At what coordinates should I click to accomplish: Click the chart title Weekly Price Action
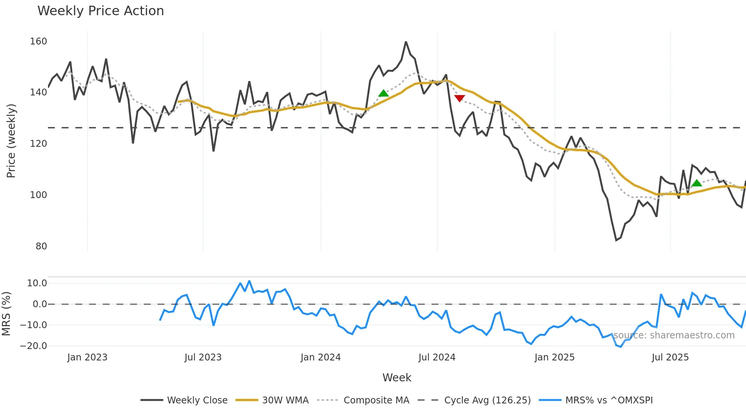pyautogui.click(x=100, y=11)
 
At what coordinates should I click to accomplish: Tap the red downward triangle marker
pyautogui.click(x=459, y=98)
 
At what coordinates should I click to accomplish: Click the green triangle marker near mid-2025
pyautogui.click(x=697, y=183)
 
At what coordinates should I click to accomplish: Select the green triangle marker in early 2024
pyautogui.click(x=383, y=93)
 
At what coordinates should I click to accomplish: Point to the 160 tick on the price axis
pyautogui.click(x=38, y=41)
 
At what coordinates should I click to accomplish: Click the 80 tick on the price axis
pyautogui.click(x=41, y=246)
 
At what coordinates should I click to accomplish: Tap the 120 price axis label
pyautogui.click(x=38, y=144)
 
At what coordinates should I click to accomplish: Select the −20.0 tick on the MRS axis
pyautogui.click(x=33, y=346)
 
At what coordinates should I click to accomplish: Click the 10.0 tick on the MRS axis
pyautogui.click(x=37, y=283)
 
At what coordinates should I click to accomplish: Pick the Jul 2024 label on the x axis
pyautogui.click(x=437, y=357)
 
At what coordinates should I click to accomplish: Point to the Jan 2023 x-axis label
pyautogui.click(x=87, y=357)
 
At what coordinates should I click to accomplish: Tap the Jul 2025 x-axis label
pyautogui.click(x=670, y=357)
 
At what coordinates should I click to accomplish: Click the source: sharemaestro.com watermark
pyautogui.click(x=674, y=335)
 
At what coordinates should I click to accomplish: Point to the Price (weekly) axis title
pyautogui.click(x=11, y=141)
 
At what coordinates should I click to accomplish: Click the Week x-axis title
pyautogui.click(x=397, y=378)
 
